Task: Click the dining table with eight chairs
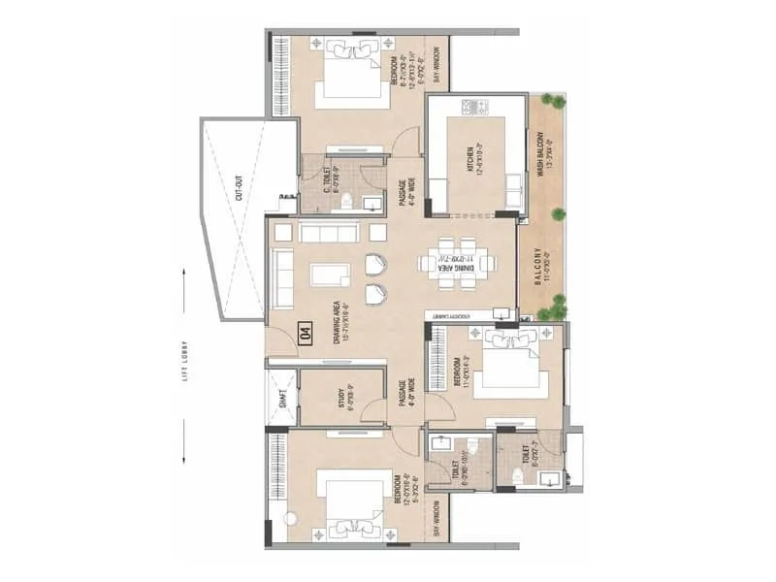[x=454, y=262]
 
